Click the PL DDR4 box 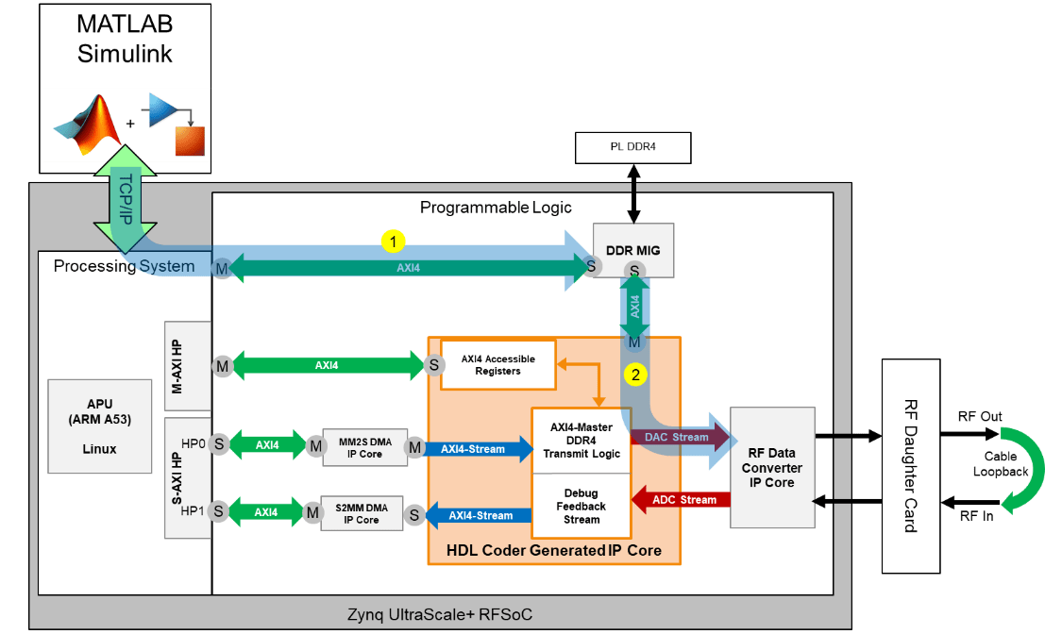tap(633, 147)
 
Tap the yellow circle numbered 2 tap(636, 375)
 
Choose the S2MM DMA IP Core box tap(361, 514)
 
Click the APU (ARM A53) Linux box tap(99, 426)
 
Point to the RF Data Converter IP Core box tap(772, 467)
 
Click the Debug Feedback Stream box tap(581, 507)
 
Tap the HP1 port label tap(191, 512)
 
